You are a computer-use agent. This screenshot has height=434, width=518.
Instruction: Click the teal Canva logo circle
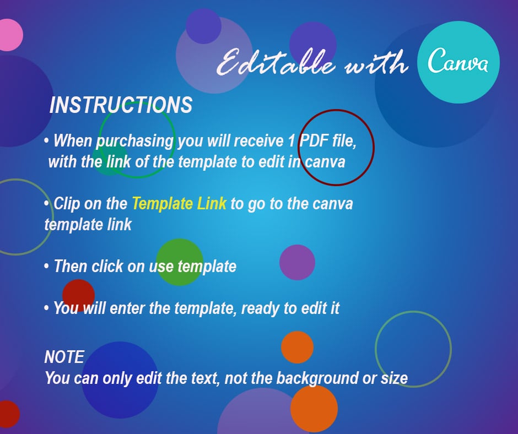458,62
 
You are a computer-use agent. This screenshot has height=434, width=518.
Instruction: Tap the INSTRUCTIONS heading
121,105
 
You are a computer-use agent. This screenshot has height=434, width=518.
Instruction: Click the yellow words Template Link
180,203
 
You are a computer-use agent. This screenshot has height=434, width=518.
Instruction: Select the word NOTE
64,357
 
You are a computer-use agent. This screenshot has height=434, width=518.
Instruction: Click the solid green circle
180,262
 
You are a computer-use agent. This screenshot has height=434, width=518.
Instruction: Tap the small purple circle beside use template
297,263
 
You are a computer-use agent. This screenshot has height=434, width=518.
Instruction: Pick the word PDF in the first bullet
314,140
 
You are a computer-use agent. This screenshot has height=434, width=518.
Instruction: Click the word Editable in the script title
276,62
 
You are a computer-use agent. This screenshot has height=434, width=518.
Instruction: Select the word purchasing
135,142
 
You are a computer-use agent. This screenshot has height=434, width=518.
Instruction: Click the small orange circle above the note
298,347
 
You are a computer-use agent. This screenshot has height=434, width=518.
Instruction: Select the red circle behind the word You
79,295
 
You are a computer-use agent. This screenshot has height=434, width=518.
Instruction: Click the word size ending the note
394,378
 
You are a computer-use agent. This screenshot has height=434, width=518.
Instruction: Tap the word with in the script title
377,63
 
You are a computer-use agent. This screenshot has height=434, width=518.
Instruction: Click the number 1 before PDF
291,141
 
